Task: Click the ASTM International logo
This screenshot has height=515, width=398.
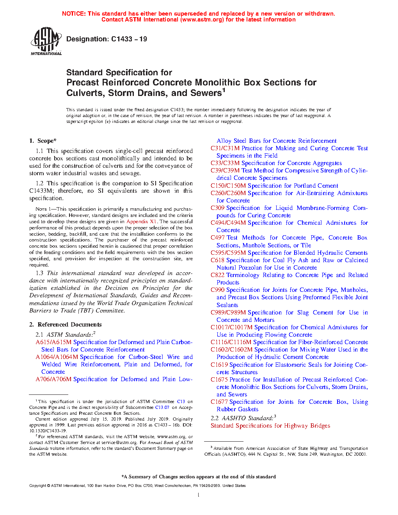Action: pyautogui.click(x=46, y=41)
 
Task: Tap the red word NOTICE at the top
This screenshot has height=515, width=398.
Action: pyautogui.click(x=74, y=14)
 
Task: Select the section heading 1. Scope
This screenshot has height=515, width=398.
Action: pyautogui.click(x=43, y=141)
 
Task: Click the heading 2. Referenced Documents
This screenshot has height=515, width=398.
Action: pyautogui.click(x=66, y=325)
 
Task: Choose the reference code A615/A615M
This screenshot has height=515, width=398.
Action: pyautogui.click(x=53, y=342)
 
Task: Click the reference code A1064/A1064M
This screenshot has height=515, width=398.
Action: pyautogui.click(x=57, y=357)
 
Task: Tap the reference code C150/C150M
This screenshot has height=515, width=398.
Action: pyautogui.click(x=228, y=186)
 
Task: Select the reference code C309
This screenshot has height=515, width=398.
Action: pyautogui.click(x=217, y=208)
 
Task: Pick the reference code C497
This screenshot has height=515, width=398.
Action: pyautogui.click(x=217, y=238)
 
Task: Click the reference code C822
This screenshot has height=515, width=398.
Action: pyautogui.click(x=217, y=275)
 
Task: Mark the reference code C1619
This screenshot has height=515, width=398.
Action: pyautogui.click(x=219, y=365)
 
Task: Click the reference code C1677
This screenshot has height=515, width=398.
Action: pyautogui.click(x=219, y=402)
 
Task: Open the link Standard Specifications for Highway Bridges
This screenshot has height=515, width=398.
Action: pyautogui.click(x=270, y=426)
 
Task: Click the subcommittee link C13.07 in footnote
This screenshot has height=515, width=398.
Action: pyautogui.click(x=162, y=407)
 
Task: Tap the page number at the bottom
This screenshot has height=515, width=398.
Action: pyautogui.click(x=199, y=495)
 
